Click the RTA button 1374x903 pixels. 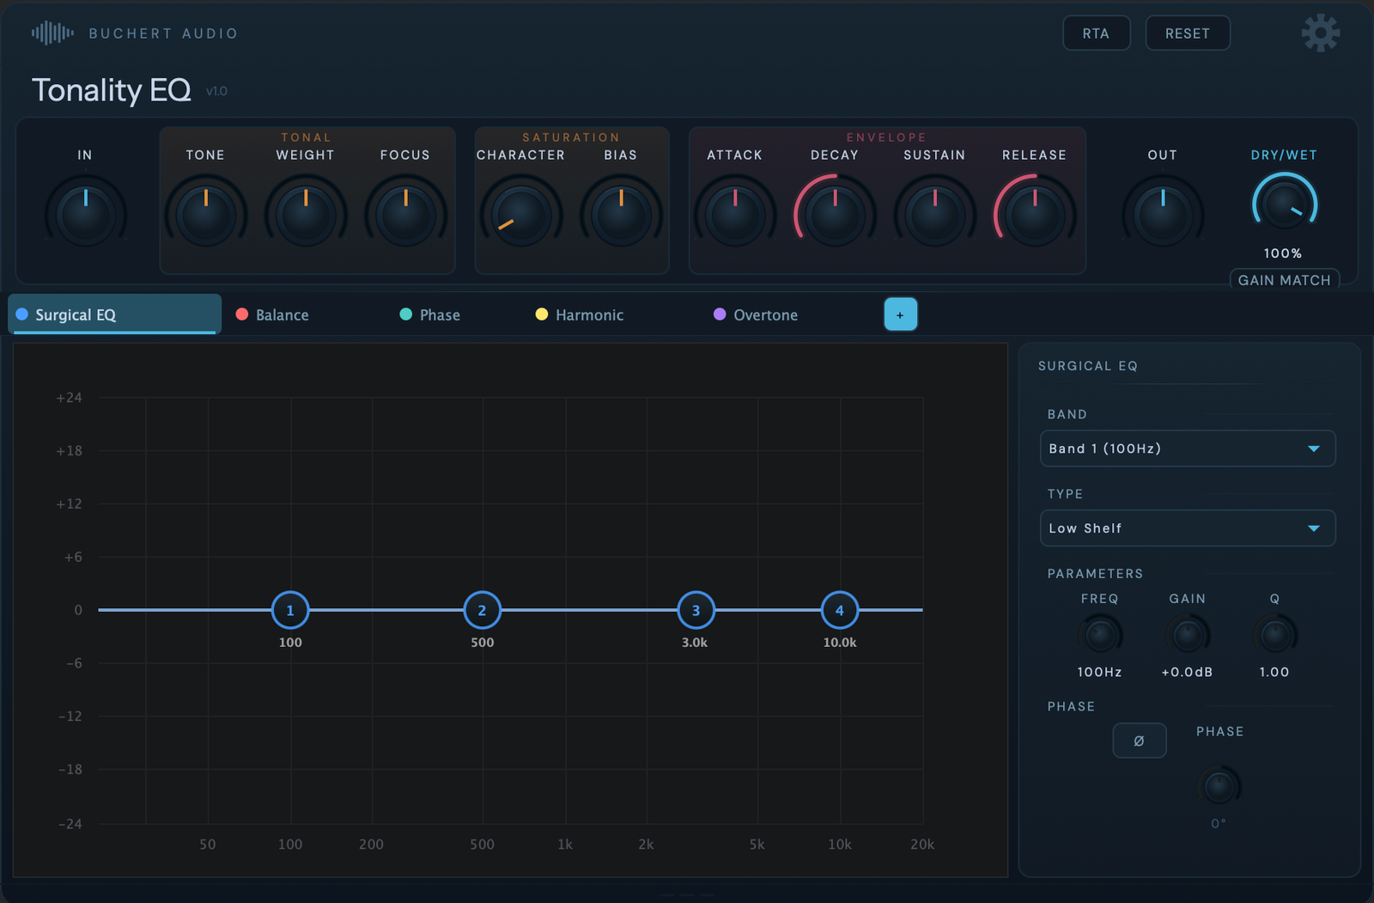pos(1096,34)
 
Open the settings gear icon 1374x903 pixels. pos(1320,34)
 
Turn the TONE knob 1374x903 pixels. pos(205,213)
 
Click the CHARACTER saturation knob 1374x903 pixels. pos(520,213)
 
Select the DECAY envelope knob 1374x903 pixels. pos(835,213)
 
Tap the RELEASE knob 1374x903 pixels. pos(1035,213)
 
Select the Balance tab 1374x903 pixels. pos(273,315)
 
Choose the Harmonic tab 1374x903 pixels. pos(580,315)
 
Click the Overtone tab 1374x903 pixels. pos(756,315)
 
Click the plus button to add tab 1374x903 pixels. pos(900,314)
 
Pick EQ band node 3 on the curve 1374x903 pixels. pos(696,610)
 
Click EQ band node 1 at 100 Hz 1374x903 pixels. pos(290,610)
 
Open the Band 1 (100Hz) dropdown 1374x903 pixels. pos(1188,448)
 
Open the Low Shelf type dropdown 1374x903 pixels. pos(1188,528)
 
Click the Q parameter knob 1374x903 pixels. pos(1274,636)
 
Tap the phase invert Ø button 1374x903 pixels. pos(1139,741)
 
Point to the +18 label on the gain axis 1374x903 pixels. pos(70,451)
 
